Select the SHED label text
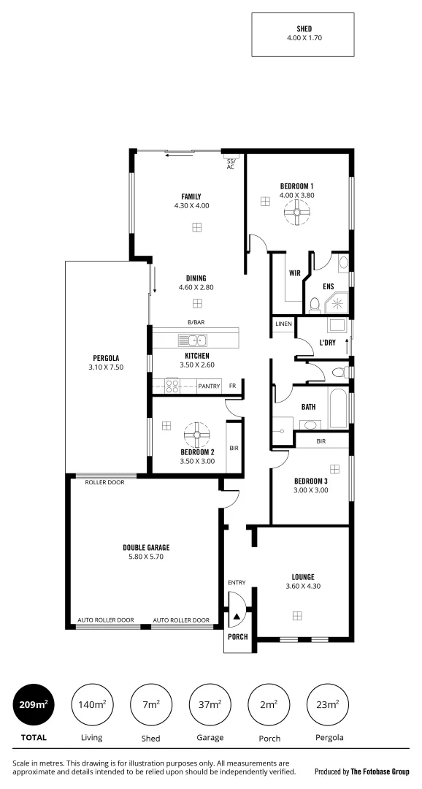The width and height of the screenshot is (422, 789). [x=303, y=28]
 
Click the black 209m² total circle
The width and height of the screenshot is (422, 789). [x=34, y=704]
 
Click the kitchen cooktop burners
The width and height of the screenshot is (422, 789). [x=173, y=385]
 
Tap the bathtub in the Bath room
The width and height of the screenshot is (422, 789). [x=337, y=411]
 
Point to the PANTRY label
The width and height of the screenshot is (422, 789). [x=209, y=386]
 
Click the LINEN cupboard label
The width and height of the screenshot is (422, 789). [x=283, y=324]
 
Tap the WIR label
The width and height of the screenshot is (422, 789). [x=295, y=273]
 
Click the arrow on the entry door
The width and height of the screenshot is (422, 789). [x=237, y=616]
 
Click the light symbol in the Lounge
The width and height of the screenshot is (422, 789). [x=297, y=616]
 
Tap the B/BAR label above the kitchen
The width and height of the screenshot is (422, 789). [x=196, y=322]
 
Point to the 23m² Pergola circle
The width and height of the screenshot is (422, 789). [x=326, y=704]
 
